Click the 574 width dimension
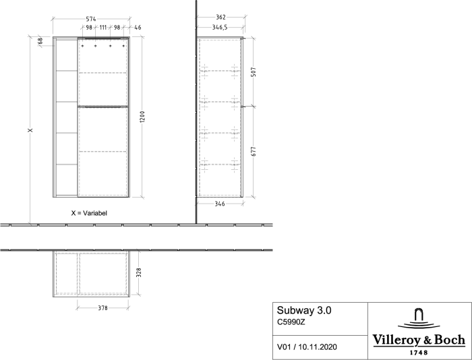pos(91,19)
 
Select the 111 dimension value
pos(103,28)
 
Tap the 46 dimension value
pos(138,28)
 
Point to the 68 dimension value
pos(40,40)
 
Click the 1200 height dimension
pos(143,117)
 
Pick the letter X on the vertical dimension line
pos(30,130)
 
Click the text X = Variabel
pos(89,213)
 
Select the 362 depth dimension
pos(220,17)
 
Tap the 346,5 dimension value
pos(220,28)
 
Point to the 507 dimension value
pos(254,71)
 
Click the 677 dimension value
pos(254,151)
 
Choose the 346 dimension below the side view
pos(220,204)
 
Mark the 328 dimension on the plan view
pos(139,272)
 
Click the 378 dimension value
pos(102,308)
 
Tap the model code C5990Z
pos(291,322)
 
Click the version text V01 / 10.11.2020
pos(307,347)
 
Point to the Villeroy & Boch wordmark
pos(419,340)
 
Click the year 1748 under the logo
pos(419,353)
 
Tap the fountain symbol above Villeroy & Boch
pos(419,318)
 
